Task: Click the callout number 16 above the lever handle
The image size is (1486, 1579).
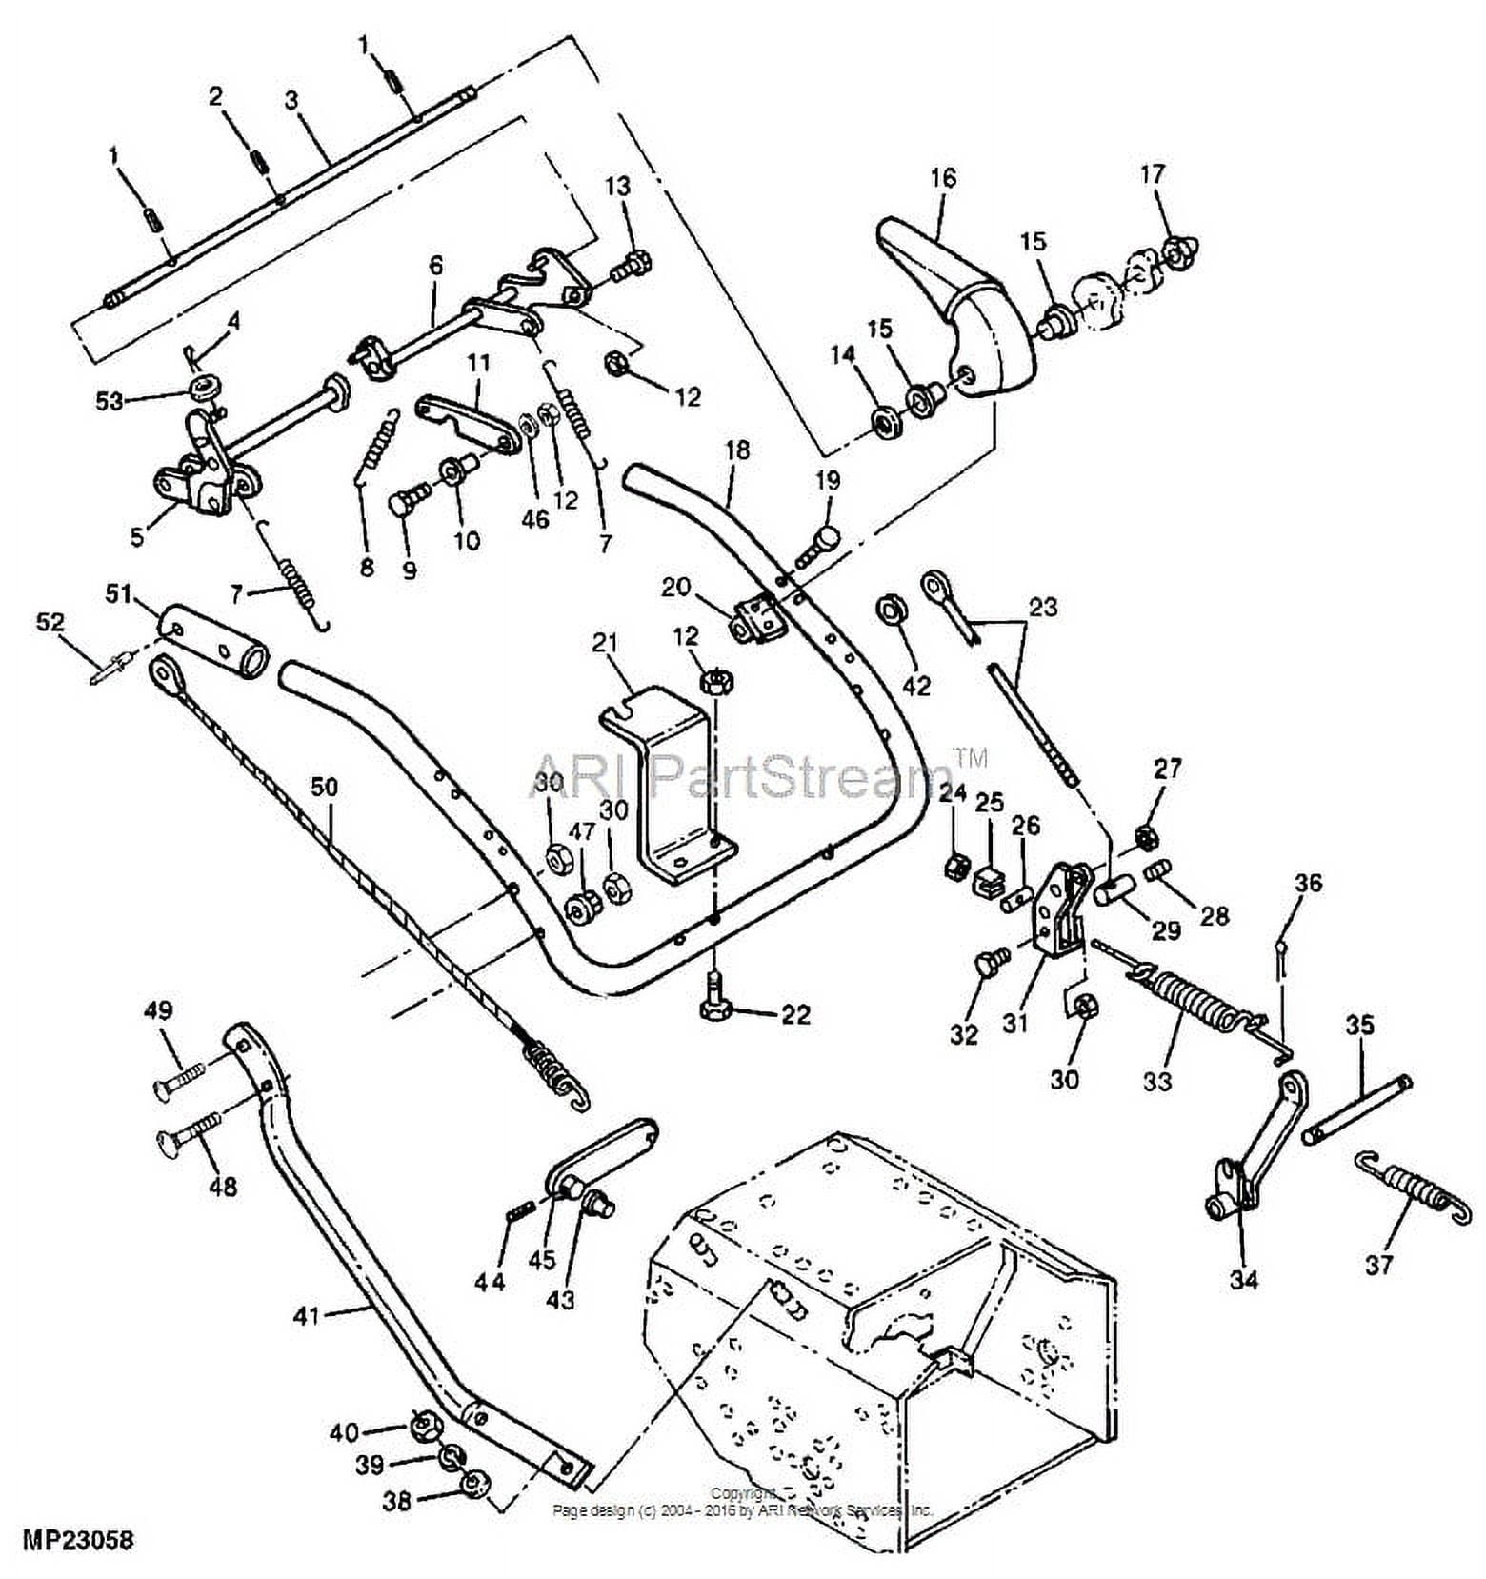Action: point(943,178)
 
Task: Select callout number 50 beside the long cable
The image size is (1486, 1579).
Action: point(324,789)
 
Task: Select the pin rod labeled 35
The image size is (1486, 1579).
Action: point(1357,1109)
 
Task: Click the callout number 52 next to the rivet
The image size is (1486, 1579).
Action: point(50,623)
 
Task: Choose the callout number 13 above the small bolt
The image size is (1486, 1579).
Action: point(617,186)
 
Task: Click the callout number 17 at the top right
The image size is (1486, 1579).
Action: point(1152,175)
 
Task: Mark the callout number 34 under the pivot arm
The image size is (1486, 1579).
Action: point(1244,1279)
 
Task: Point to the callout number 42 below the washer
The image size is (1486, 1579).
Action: point(915,685)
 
